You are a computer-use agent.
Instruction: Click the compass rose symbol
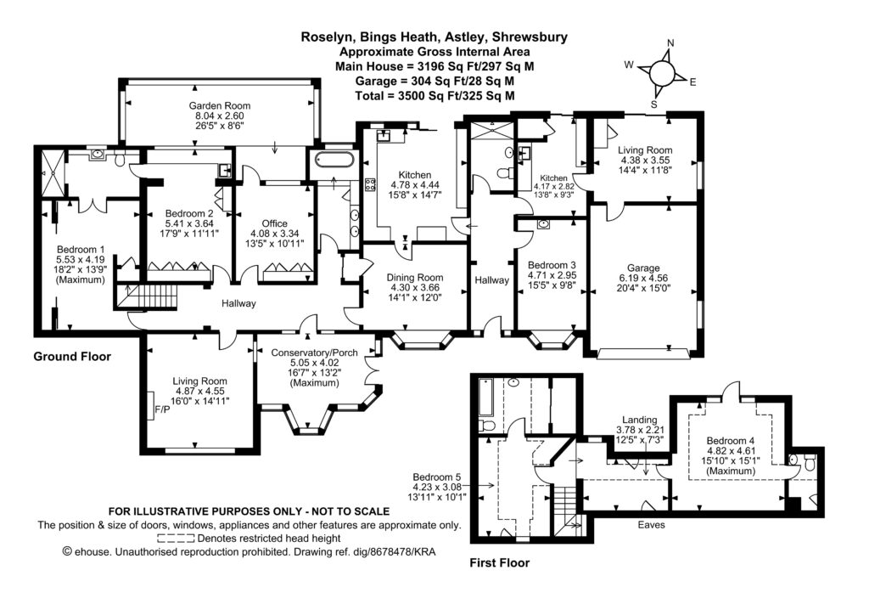point(661,73)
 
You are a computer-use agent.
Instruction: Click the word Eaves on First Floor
point(651,525)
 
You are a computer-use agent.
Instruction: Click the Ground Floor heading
point(72,357)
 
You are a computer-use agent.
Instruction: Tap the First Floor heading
point(499,562)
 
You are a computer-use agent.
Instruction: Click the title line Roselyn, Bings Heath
point(434,37)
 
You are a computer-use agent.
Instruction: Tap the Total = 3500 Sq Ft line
point(434,95)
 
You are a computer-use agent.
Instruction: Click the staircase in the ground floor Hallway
point(149,296)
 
